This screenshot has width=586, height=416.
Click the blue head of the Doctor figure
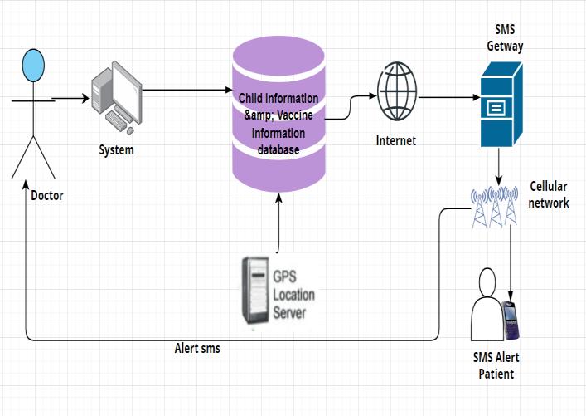[x=33, y=65]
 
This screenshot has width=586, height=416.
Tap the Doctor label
[x=47, y=195]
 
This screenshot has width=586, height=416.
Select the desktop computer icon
[x=117, y=98]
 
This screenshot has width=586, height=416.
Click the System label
[x=116, y=150]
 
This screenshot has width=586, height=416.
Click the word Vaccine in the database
[x=295, y=115]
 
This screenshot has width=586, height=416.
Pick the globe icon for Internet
[x=397, y=91]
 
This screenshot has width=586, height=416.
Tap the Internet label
[x=395, y=141]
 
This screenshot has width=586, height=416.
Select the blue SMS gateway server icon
[x=501, y=105]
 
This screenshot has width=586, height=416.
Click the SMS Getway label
[x=505, y=38]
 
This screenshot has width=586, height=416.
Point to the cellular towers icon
[x=495, y=206]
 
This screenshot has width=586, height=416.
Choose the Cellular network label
[x=548, y=194]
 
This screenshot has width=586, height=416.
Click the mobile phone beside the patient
[x=510, y=321]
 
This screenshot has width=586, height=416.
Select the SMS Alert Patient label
[x=496, y=365]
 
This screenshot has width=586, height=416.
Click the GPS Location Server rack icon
[x=255, y=290]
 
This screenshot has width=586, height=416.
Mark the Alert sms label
[x=197, y=349]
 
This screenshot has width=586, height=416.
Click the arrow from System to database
[x=187, y=90]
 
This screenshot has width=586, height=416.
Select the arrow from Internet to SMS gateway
[x=449, y=98]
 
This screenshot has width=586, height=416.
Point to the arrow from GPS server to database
[x=278, y=223]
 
